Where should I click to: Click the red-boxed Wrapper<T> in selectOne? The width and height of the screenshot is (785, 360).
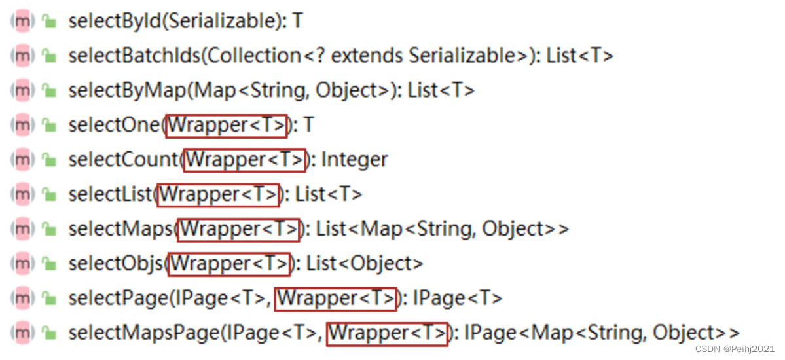[227, 126]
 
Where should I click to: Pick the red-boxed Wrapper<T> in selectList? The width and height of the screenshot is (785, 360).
[218, 195]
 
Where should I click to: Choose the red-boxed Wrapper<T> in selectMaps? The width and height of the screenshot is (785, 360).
[239, 230]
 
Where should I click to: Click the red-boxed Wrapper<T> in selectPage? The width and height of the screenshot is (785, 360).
[336, 298]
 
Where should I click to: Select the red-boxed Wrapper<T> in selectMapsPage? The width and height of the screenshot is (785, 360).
[388, 333]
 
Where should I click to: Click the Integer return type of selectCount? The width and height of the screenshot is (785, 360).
[355, 160]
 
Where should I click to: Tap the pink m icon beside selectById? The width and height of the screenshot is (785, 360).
[23, 22]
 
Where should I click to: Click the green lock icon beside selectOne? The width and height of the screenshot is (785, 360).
[49, 126]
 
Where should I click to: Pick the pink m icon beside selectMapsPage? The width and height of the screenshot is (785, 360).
[23, 333]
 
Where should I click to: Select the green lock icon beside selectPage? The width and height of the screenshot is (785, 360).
[49, 298]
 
